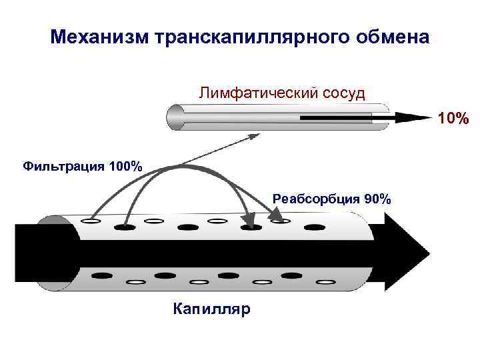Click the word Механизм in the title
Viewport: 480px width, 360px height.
pyautogui.click(x=99, y=37)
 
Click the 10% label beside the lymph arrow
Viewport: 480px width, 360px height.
pyautogui.click(x=453, y=119)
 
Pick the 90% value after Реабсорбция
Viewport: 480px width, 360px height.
pyautogui.click(x=377, y=199)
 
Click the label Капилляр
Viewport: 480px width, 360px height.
pyautogui.click(x=211, y=309)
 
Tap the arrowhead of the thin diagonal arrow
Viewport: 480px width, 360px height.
pyautogui.click(x=255, y=136)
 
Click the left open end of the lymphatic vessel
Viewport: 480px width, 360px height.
pyautogui.click(x=175, y=118)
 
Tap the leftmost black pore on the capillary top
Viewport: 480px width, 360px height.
pyautogui.click(x=124, y=227)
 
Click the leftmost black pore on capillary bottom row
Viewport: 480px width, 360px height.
pyautogui.click(x=101, y=275)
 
